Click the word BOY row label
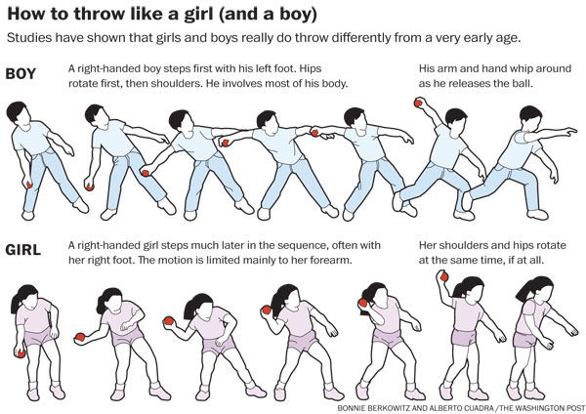coord(21,73)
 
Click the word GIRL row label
coord(23,250)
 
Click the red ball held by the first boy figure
coord(29,185)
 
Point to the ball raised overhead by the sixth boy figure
coord(418,103)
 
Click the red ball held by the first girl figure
coord(21,353)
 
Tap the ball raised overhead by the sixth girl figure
coord(444,277)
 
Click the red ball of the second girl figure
coord(80,337)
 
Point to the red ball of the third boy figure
coord(145,173)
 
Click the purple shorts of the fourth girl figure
coord(302,341)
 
